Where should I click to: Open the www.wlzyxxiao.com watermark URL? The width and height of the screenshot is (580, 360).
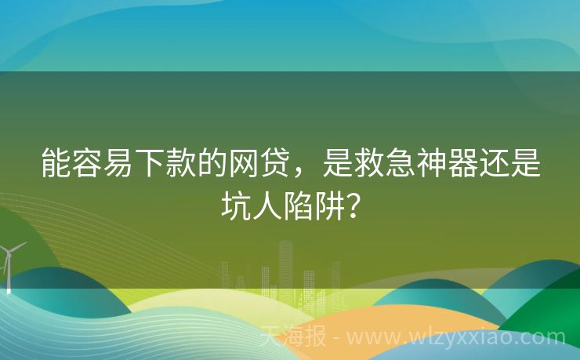coord(455,338)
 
